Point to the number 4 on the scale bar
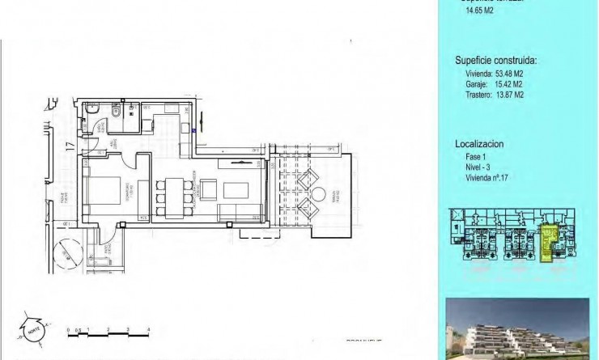[148, 329]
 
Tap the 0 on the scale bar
[69, 329]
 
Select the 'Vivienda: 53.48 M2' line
[494, 74]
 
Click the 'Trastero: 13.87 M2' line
[494, 95]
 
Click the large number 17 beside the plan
[70, 147]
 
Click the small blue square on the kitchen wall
[193, 131]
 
